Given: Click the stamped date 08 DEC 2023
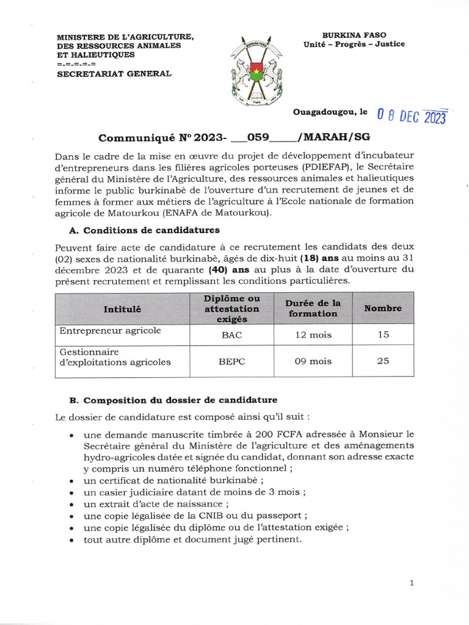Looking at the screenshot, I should pyautogui.click(x=412, y=116).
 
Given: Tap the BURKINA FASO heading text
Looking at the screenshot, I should pyautogui.click(x=354, y=35).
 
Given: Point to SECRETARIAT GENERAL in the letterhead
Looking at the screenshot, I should pyautogui.click(x=114, y=74).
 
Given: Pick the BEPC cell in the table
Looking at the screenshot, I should pyautogui.click(x=231, y=361).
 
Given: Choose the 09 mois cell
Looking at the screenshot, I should pyautogui.click(x=313, y=361).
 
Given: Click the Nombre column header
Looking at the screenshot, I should pyautogui.click(x=383, y=308).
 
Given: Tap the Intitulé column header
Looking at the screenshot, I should pyautogui.click(x=122, y=309).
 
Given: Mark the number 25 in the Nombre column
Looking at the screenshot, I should pyautogui.click(x=383, y=361).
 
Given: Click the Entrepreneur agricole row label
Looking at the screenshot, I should pyautogui.click(x=110, y=330).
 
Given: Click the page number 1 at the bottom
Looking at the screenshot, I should pyautogui.click(x=412, y=583).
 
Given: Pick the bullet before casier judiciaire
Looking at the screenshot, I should pyautogui.click(x=72, y=493).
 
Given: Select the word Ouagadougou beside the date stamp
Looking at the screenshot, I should pyautogui.click(x=325, y=112).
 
